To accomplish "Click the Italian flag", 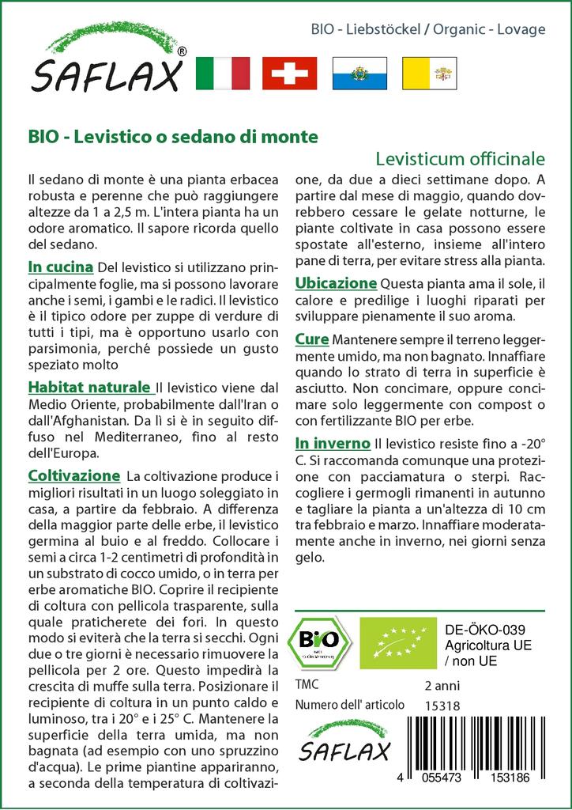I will (x=222, y=73).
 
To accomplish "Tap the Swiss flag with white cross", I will (x=289, y=73).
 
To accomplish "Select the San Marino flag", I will (x=358, y=73).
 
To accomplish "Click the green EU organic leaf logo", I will (x=391, y=642).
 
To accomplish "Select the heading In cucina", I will (x=61, y=267).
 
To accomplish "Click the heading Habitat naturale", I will (x=90, y=388).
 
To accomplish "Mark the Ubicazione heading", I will (x=336, y=282).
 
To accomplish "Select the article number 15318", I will (x=442, y=705).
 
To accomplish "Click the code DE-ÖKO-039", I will (x=480, y=630).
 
